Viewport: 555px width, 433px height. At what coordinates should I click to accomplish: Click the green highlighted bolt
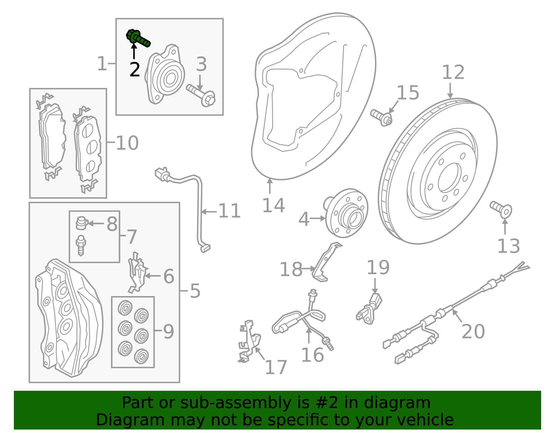(138, 38)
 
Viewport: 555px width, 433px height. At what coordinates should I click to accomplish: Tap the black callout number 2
(135, 70)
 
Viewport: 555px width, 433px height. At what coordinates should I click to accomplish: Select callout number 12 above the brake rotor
(453, 73)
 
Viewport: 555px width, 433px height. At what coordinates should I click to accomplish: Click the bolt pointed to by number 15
(382, 117)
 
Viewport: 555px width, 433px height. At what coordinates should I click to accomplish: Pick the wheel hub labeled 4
(345, 213)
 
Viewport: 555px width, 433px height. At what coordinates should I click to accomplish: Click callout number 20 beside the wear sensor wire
(473, 331)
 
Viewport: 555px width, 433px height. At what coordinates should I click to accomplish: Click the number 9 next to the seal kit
(168, 332)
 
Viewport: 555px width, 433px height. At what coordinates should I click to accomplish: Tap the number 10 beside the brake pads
(127, 143)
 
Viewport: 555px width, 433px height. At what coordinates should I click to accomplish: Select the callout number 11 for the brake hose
(229, 211)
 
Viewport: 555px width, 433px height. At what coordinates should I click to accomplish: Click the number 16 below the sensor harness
(312, 355)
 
